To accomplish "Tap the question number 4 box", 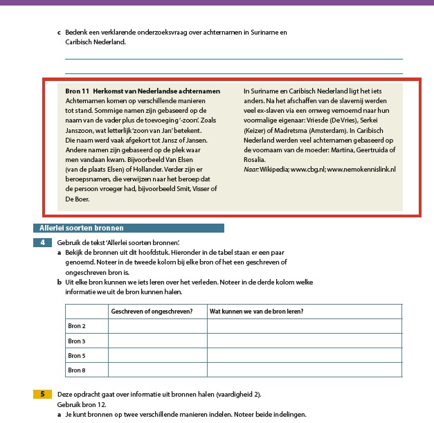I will (x=43, y=242).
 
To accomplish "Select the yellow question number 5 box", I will (x=43, y=394).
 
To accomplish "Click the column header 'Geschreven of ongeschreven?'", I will (x=152, y=312).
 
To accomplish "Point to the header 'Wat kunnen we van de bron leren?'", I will (x=256, y=312).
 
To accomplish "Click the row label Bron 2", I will (x=77, y=326).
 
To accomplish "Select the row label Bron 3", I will (x=77, y=341).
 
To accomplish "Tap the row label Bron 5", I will (x=77, y=355).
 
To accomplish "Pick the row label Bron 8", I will (x=77, y=370).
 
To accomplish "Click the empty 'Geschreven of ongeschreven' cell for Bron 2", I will (x=157, y=326).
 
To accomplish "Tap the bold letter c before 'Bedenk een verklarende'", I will (x=59, y=33).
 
